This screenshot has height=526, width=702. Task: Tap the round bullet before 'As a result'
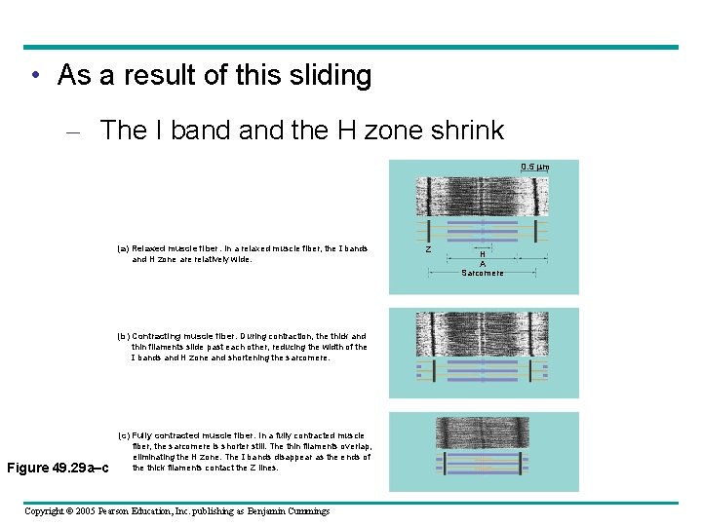pos(34,76)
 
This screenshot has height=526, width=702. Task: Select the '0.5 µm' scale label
pos(534,168)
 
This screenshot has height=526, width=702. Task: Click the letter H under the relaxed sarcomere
pos(483,254)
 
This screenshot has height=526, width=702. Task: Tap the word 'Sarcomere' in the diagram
pos(483,273)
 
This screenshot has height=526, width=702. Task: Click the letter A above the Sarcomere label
pos(483,263)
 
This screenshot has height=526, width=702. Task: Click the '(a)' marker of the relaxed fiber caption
pos(123,248)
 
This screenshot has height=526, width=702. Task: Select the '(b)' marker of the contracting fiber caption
pos(123,336)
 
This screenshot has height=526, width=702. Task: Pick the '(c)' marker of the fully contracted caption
pos(123,435)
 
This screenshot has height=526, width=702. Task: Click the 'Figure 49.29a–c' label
pos(58,468)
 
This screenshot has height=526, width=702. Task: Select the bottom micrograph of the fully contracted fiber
pos(483,432)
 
